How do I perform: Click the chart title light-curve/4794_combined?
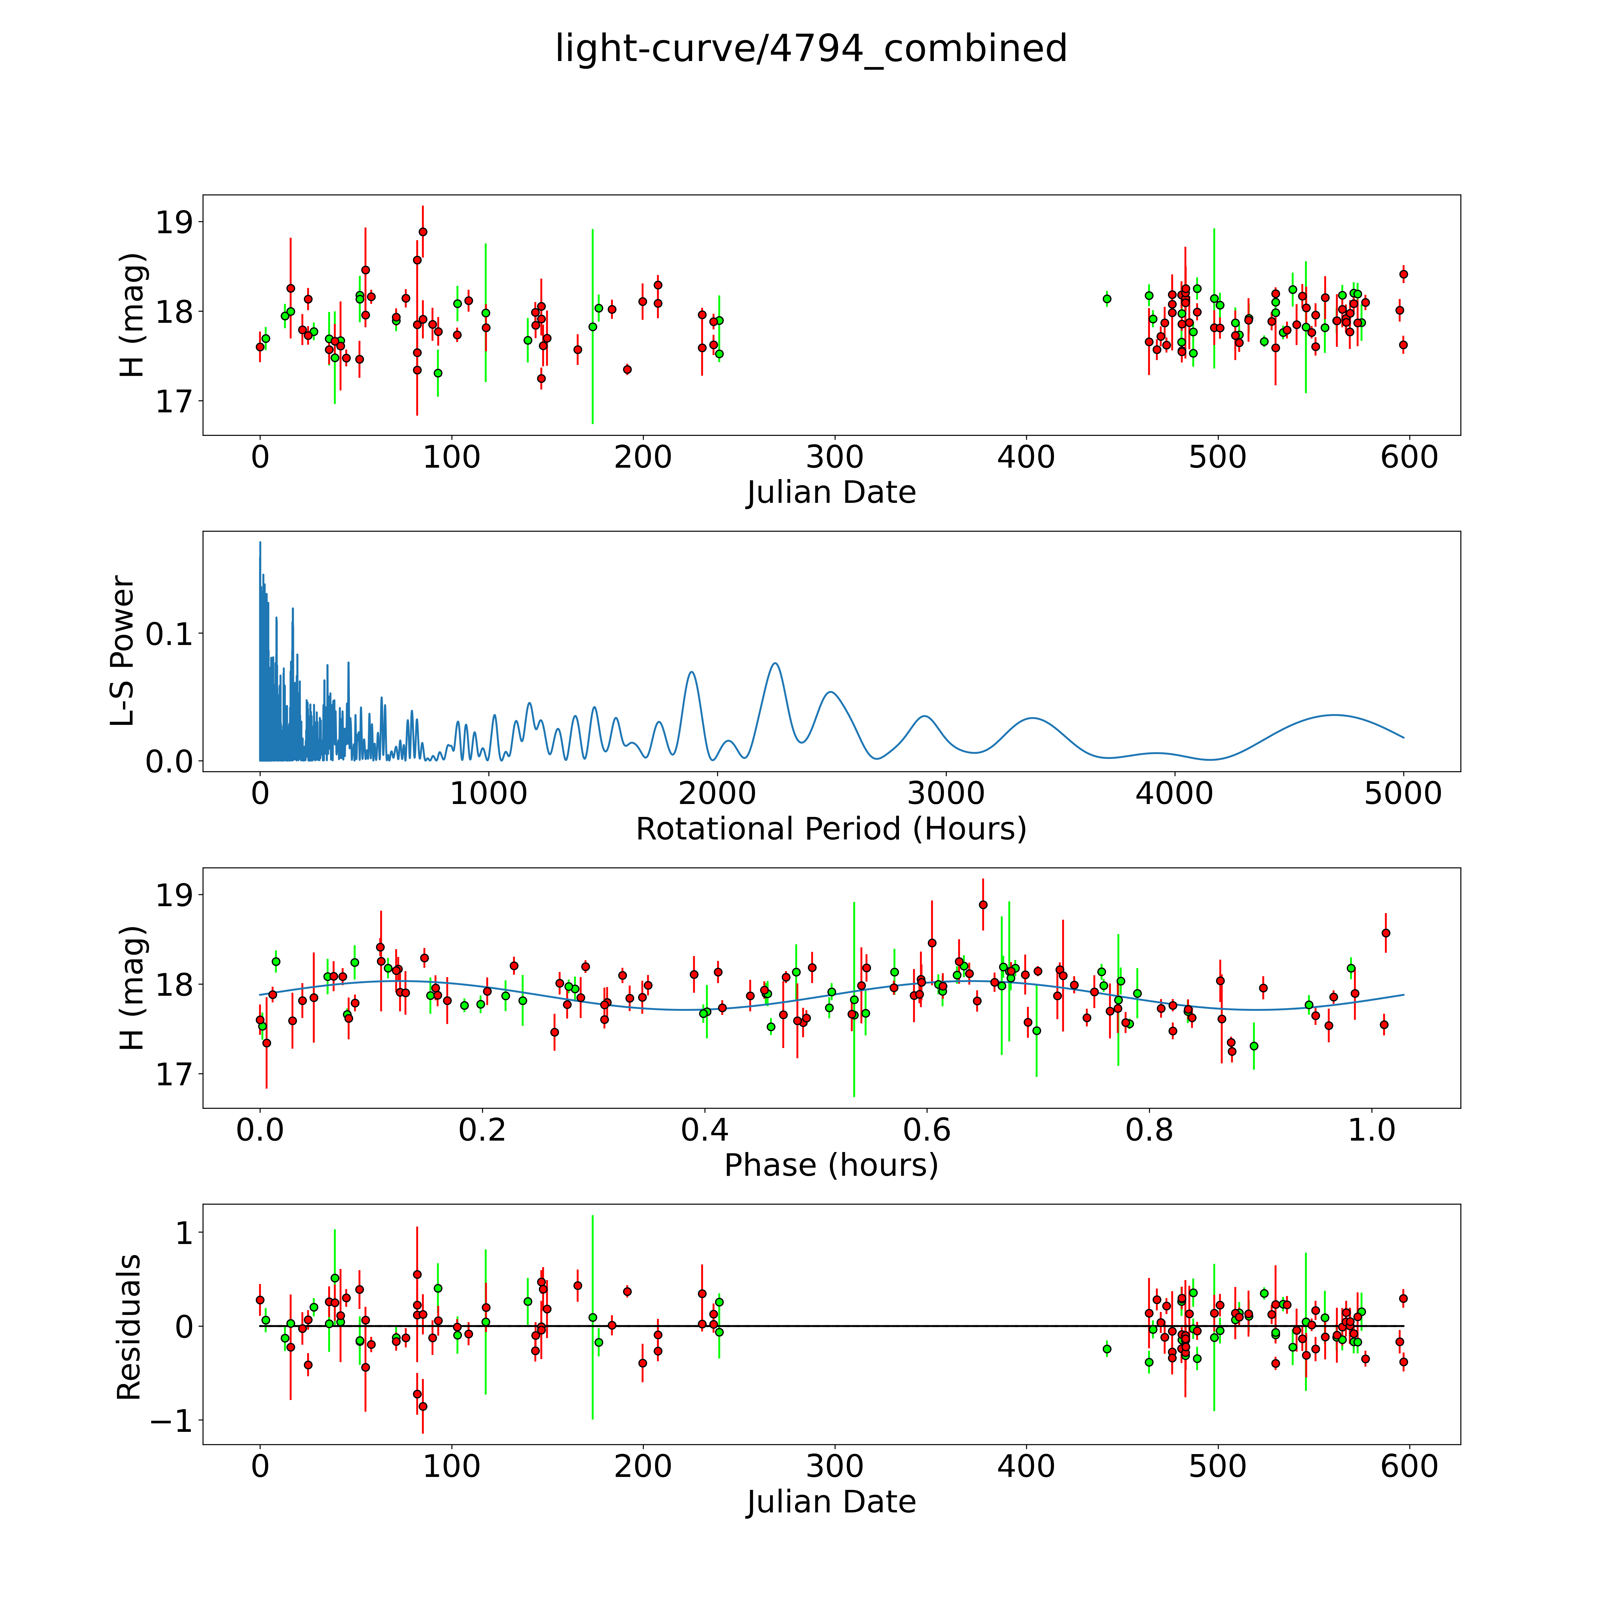pyautogui.click(x=811, y=49)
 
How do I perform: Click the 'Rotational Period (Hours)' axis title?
pyautogui.click(x=831, y=829)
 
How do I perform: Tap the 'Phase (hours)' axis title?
pyautogui.click(x=831, y=1165)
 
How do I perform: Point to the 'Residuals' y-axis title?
pyautogui.click(x=129, y=1327)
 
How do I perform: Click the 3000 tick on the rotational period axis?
pyautogui.click(x=946, y=794)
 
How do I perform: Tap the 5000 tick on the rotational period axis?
pyautogui.click(x=1403, y=794)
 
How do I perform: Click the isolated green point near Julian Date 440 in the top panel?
pyautogui.click(x=1107, y=298)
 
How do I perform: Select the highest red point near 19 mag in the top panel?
pyautogui.click(x=423, y=232)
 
